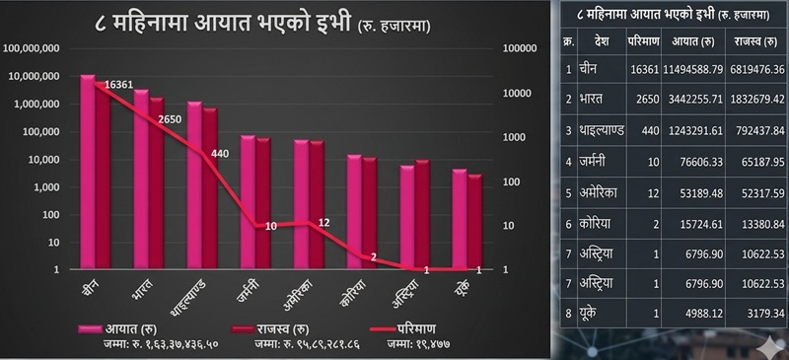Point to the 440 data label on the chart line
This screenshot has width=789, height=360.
point(219,153)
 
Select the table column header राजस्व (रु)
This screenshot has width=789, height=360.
point(753,42)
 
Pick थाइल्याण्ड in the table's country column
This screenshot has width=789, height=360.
point(602,130)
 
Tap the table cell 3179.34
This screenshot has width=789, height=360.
point(753,314)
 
